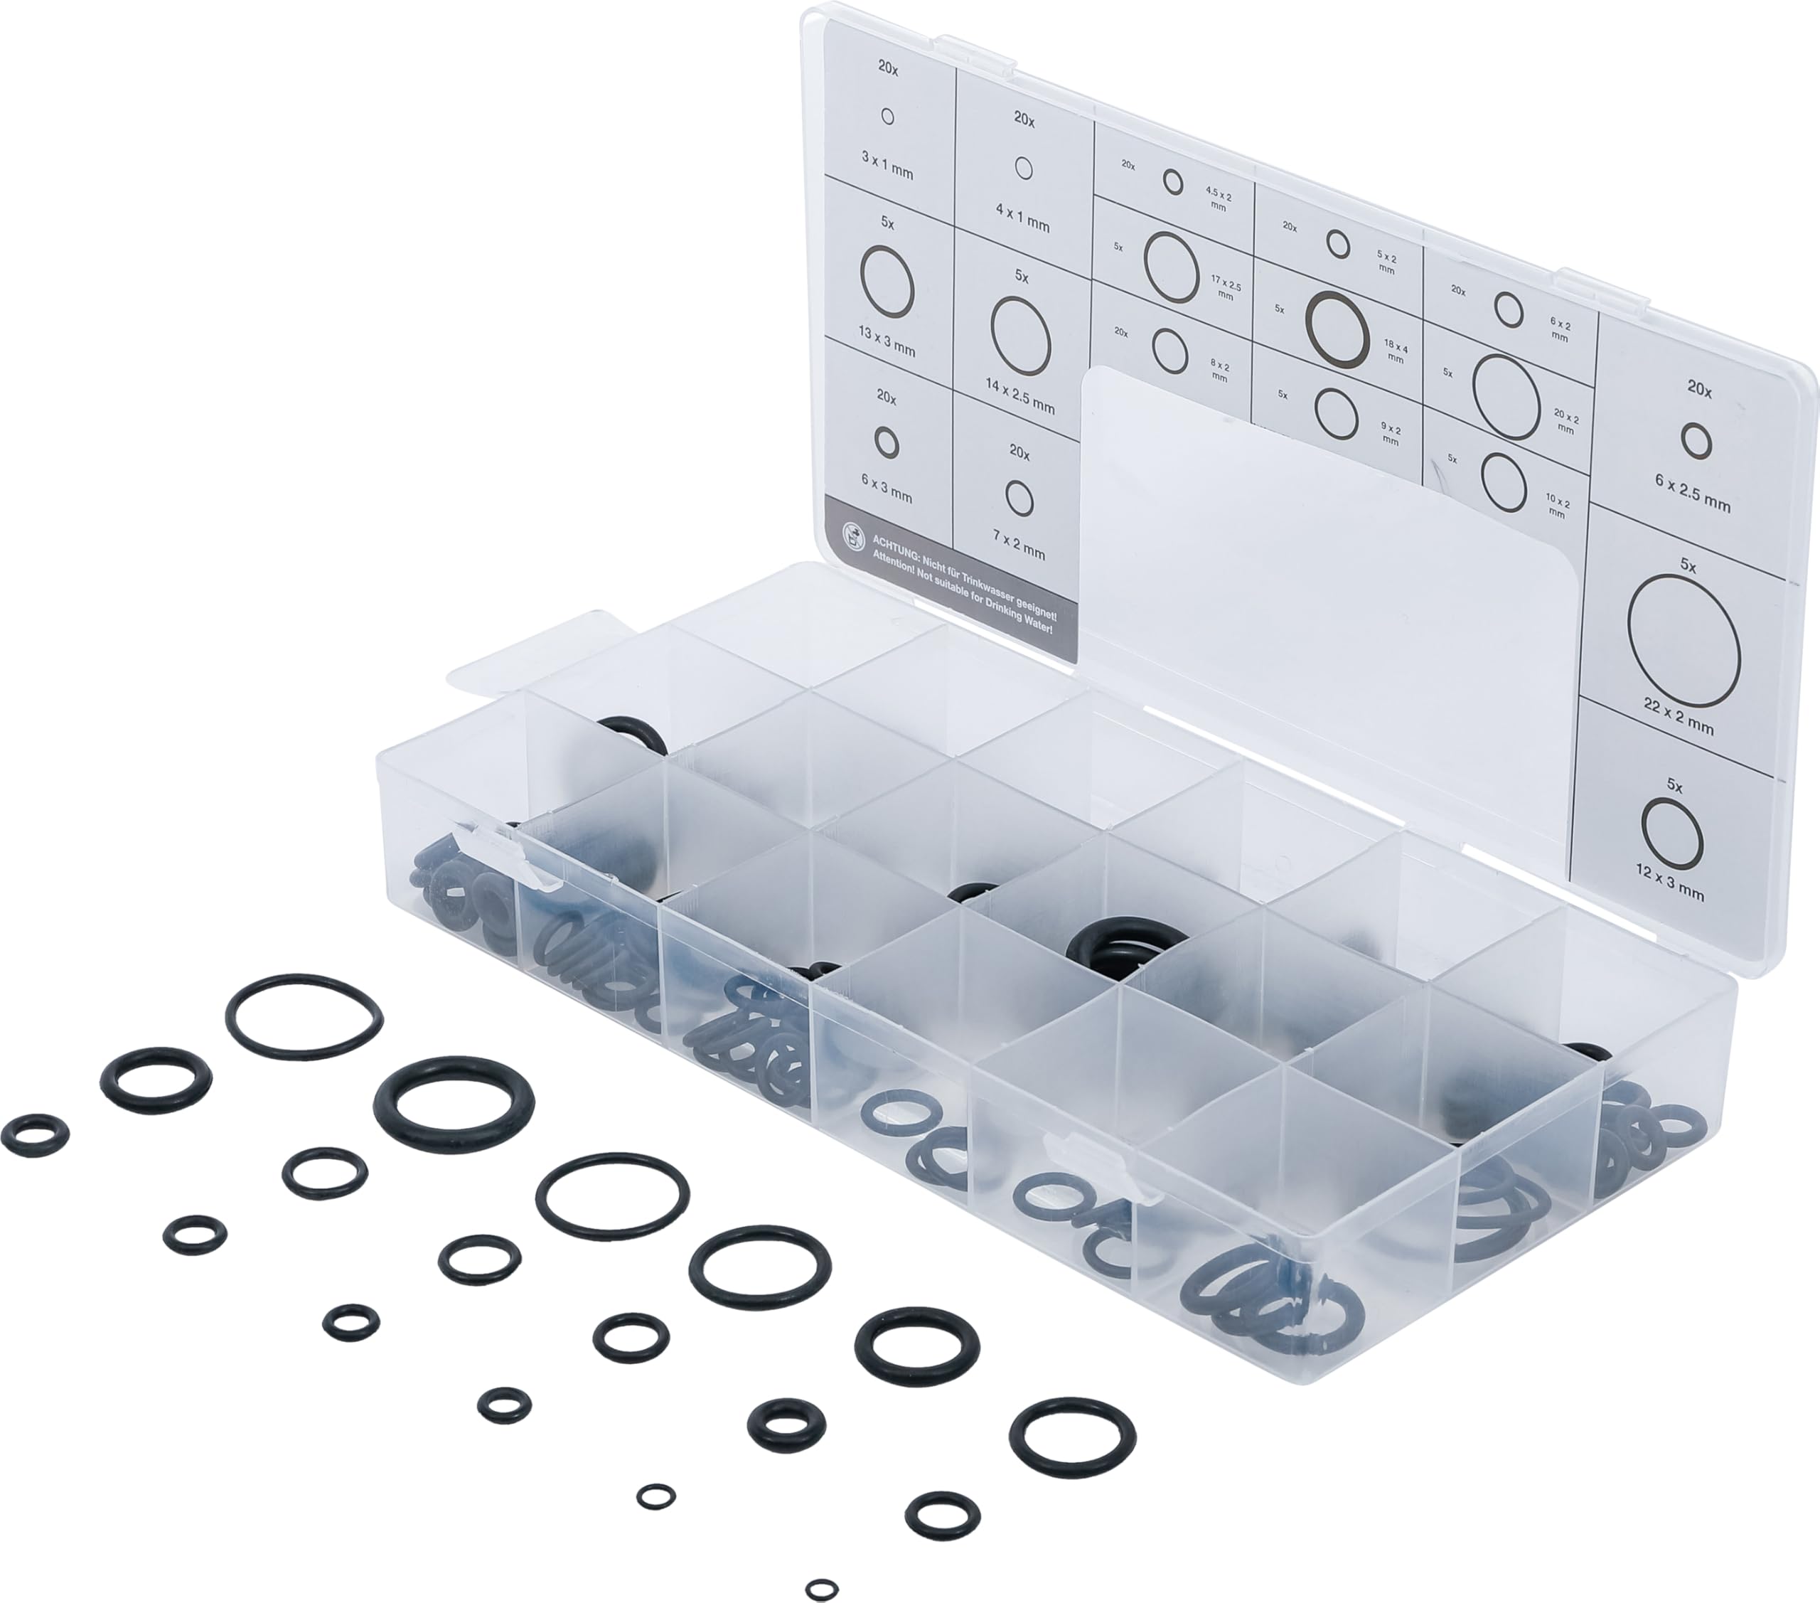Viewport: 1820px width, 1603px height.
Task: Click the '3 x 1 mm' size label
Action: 887,166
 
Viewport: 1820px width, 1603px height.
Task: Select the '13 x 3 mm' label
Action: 887,341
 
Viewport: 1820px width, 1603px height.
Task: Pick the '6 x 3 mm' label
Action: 886,487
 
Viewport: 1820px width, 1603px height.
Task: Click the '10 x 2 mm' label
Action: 1558,505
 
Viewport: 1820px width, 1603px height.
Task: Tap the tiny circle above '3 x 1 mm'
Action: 887,117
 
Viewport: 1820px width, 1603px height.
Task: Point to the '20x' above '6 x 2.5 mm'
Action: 1699,388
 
